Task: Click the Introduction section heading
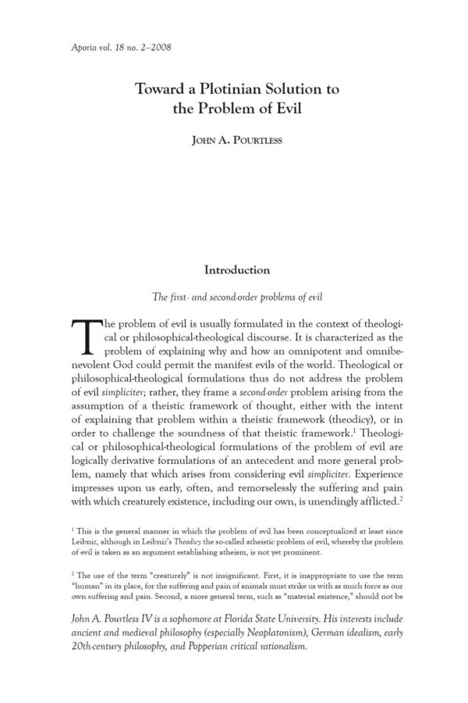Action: [x=237, y=270]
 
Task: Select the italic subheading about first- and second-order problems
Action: [x=237, y=297]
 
